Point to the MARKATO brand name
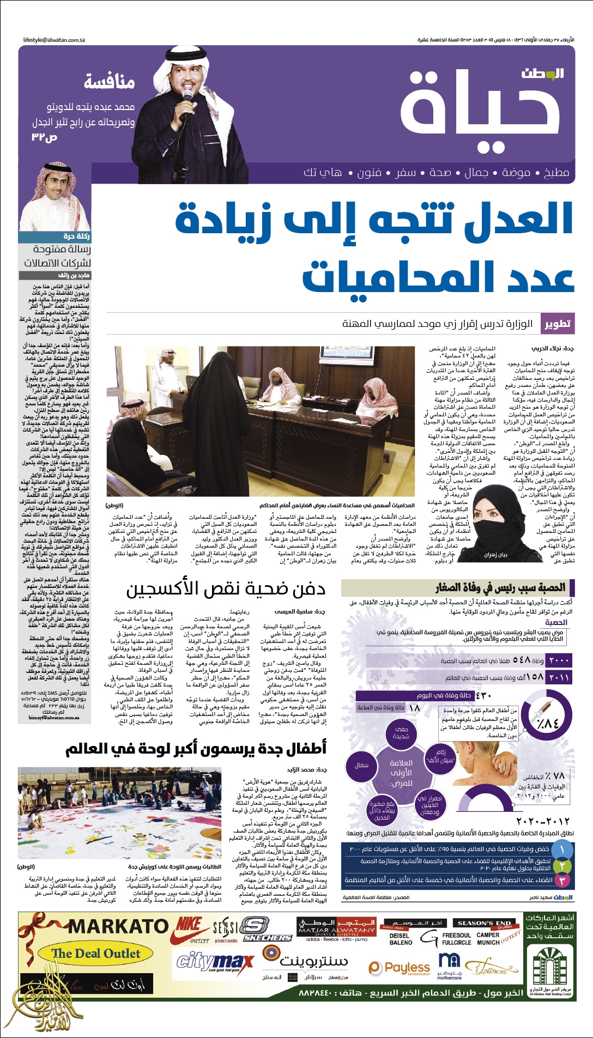pos(118,926)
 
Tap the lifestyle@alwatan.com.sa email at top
pos(54,40)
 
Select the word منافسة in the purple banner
pos(109,82)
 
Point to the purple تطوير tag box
pos(557,324)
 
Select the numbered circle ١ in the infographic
pos(562,849)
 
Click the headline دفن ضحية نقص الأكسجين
pos(226,590)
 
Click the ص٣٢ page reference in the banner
pos(44,137)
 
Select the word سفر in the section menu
pos(404,173)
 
